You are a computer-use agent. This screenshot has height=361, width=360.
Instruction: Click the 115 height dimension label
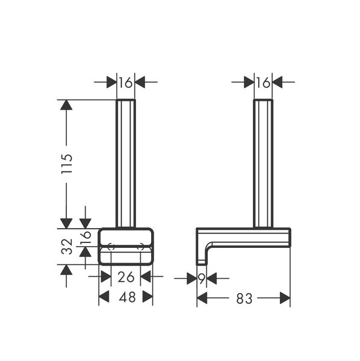(x=67, y=164)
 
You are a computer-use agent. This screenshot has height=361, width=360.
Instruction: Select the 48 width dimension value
(x=127, y=297)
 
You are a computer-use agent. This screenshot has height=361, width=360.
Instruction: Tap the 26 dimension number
(x=126, y=277)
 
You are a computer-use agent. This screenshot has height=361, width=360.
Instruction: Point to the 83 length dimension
(x=244, y=298)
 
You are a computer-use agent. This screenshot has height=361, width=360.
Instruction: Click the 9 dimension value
(x=202, y=279)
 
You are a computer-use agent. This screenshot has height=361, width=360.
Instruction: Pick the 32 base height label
(x=67, y=246)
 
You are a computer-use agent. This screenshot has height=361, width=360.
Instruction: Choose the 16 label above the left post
(x=126, y=82)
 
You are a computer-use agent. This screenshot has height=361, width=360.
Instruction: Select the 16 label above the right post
(x=263, y=82)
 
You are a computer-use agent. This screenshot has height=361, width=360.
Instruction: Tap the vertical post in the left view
(x=126, y=164)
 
